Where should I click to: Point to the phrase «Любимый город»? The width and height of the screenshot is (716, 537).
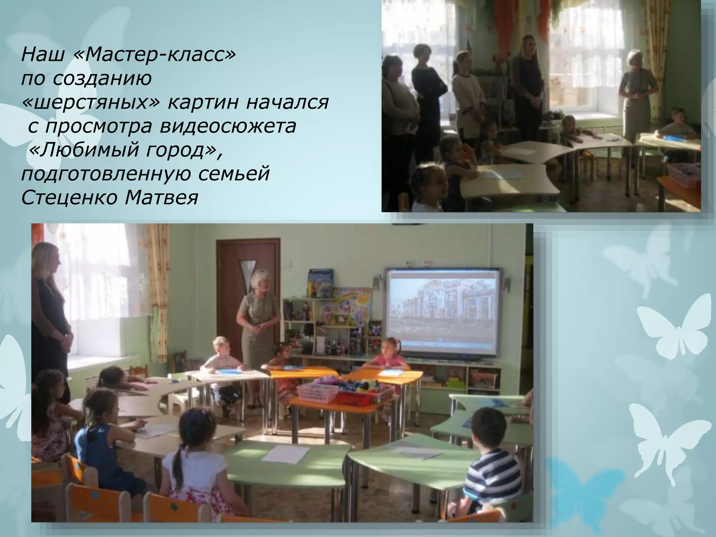(x=124, y=150)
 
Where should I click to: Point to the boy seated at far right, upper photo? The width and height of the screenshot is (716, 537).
(x=676, y=126)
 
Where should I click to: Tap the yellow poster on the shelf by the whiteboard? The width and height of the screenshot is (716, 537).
(x=350, y=308)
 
